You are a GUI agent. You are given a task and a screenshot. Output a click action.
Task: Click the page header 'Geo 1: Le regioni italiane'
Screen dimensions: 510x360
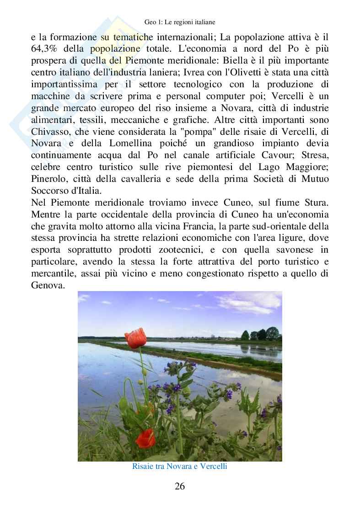[179, 21]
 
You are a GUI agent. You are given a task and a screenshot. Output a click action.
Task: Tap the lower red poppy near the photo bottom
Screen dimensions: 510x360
[145, 438]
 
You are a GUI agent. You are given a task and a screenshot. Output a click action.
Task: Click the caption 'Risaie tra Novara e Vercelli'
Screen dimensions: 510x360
[179, 467]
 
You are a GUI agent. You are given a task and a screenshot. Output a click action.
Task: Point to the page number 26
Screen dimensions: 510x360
[180, 486]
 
